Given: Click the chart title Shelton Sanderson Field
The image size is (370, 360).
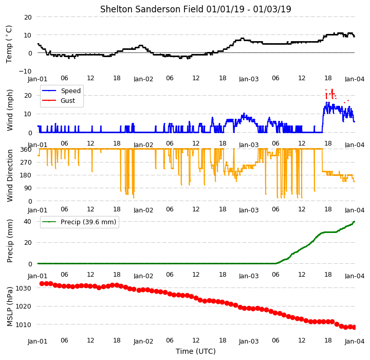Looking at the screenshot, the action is click(x=152, y=9).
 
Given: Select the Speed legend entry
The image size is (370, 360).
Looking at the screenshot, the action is click(x=61, y=91).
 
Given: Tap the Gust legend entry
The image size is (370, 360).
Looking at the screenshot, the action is click(x=59, y=101).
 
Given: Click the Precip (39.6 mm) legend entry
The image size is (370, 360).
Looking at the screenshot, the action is click(x=79, y=222).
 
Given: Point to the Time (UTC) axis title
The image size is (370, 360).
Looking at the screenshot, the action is click(x=196, y=351).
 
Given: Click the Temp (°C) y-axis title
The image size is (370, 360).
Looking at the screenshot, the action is click(x=9, y=44).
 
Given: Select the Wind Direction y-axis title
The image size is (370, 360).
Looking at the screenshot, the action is click(x=10, y=175).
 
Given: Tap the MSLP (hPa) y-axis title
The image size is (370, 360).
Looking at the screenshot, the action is click(x=10, y=307).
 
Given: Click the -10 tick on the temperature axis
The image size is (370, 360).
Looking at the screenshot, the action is click(x=25, y=71).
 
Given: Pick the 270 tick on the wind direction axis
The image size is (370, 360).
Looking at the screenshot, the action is click(x=26, y=163).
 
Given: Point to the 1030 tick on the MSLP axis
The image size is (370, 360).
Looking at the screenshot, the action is click(x=24, y=288).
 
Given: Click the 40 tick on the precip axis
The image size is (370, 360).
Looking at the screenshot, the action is click(x=27, y=221).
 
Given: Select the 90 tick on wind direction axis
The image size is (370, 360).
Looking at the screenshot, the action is click(x=28, y=188).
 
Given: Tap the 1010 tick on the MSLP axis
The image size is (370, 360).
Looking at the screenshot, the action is click(x=24, y=325).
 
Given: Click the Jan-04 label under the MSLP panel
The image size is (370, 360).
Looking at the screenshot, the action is click(x=355, y=341).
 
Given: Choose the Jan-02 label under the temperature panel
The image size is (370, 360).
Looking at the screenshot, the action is click(x=143, y=79).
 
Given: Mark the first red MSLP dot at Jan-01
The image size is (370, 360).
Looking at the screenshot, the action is click(x=42, y=283).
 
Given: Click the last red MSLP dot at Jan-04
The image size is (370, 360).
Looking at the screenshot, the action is click(x=354, y=327).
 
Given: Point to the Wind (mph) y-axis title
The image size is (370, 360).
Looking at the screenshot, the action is click(x=10, y=110).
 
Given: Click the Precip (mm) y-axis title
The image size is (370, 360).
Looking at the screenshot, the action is click(x=10, y=241).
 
